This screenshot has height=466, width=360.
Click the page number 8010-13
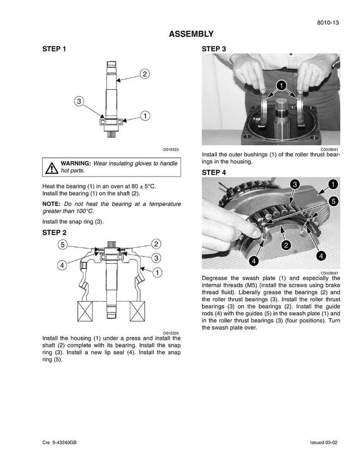point(328,23)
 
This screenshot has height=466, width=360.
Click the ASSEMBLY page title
point(191,34)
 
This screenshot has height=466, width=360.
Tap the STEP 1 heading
point(54,49)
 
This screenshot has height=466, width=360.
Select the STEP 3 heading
point(214,49)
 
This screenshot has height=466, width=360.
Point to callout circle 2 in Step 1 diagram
point(145,74)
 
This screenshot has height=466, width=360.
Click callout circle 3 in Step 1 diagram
point(79,101)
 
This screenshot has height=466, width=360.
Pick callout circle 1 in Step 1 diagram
point(145,116)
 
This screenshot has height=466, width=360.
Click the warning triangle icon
point(52,168)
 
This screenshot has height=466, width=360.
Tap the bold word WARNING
point(75,163)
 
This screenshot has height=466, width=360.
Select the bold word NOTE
point(51,204)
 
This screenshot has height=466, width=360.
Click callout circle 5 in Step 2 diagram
point(63,245)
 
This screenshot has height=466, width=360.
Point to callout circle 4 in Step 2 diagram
point(62,265)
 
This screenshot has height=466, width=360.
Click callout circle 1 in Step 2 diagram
point(157,272)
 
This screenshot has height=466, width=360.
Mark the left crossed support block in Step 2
point(85,311)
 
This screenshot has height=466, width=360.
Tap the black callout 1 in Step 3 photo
point(281,85)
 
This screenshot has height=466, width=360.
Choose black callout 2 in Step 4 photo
point(286,245)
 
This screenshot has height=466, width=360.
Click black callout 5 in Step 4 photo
point(334,201)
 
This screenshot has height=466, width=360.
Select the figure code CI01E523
point(170,149)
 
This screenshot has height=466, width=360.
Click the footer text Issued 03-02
point(324,442)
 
